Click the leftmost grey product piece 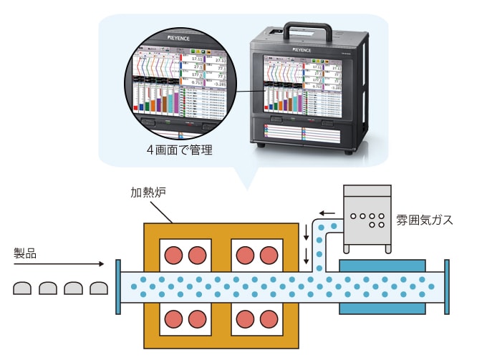[22, 288]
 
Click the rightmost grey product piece [98, 288]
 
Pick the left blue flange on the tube [117, 287]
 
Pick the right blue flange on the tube [447, 287]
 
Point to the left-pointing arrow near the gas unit [327, 213]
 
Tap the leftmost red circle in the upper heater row [174, 255]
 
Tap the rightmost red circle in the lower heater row [268, 318]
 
